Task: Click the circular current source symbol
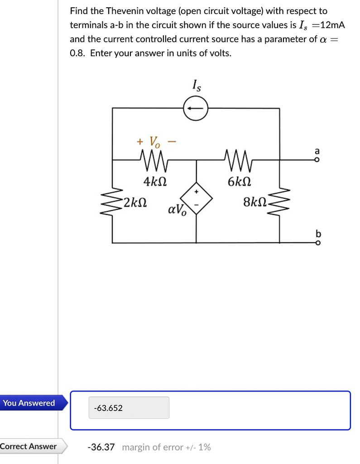click(x=196, y=109)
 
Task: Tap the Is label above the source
click(x=196, y=85)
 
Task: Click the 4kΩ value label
click(x=154, y=182)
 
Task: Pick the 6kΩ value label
click(x=239, y=182)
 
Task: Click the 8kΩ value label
click(x=255, y=201)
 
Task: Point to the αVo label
click(x=177, y=210)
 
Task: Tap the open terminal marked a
click(x=317, y=159)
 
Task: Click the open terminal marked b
click(x=317, y=243)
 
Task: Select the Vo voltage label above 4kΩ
click(x=154, y=142)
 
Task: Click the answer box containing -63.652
click(x=129, y=408)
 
